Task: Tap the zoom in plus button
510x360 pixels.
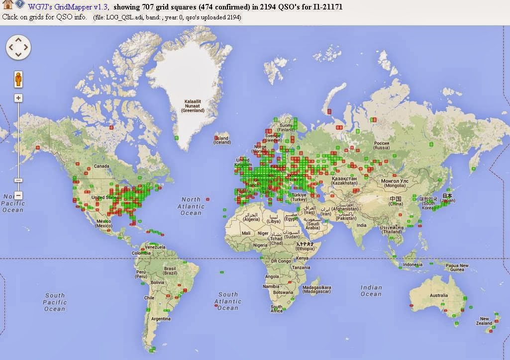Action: point(18,98)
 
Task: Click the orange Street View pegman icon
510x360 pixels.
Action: point(18,79)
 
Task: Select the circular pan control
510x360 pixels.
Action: point(18,47)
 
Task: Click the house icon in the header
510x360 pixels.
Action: point(7,5)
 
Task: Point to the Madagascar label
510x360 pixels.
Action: point(317,289)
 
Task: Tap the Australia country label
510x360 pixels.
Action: point(439,295)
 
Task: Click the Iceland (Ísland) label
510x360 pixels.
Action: point(221,140)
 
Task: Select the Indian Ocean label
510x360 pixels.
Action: point(371,290)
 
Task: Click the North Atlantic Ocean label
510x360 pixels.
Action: point(191,206)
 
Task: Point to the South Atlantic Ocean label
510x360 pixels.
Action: point(228,301)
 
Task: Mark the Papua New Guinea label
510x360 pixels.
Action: point(457,268)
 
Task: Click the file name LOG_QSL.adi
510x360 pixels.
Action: point(124,17)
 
